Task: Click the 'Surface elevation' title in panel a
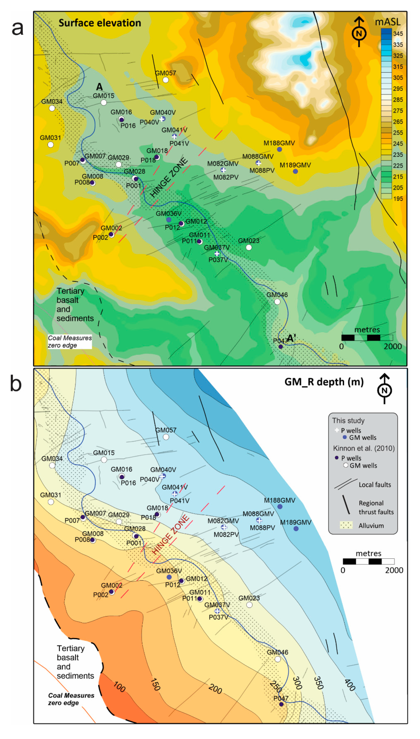(100, 23)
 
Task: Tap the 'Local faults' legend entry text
(375, 485)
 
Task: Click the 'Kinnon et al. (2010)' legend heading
(364, 448)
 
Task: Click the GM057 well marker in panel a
(166, 80)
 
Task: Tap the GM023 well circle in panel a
(249, 247)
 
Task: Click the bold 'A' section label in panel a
(99, 87)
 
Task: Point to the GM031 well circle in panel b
(51, 502)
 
